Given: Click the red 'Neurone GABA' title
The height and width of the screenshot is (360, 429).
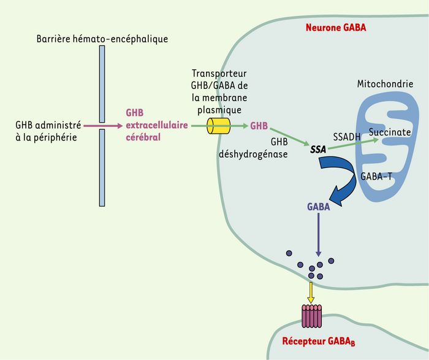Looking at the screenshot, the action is click(336, 28).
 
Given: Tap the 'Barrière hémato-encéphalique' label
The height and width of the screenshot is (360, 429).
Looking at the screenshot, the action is click(102, 39).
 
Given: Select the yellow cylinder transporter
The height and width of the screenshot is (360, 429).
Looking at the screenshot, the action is click(218, 126).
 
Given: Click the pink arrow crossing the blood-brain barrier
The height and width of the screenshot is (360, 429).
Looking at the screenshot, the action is click(103, 126).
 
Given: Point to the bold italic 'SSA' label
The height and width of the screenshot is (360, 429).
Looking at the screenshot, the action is click(318, 150).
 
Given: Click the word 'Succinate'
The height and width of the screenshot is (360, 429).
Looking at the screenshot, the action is click(390, 132).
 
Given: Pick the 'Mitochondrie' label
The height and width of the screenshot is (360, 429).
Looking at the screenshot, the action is click(385, 84).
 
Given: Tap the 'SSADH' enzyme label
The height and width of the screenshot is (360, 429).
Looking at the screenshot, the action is click(347, 137).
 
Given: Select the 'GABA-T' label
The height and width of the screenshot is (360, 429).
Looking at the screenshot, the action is click(376, 176).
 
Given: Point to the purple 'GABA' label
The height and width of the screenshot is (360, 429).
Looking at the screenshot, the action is click(319, 207).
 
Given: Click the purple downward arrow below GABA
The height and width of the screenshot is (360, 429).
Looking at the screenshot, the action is click(318, 235).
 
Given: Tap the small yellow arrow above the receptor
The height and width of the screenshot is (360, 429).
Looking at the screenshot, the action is click(311, 293).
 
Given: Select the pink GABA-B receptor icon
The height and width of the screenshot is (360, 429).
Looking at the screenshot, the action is click(311, 316).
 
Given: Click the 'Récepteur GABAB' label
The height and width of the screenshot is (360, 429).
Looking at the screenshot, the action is click(319, 342).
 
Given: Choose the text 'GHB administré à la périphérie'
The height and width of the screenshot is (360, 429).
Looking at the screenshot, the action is click(48, 131).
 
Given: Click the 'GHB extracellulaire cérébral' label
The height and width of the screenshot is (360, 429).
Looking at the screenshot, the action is click(157, 125).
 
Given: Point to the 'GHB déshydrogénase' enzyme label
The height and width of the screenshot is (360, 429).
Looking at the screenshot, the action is click(253, 148).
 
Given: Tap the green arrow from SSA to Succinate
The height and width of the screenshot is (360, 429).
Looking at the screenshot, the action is click(354, 144).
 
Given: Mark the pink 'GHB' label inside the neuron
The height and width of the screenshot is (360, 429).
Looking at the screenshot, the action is click(259, 126).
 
